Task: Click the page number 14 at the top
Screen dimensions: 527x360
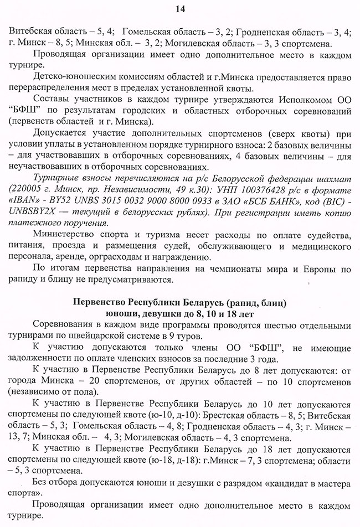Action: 179,8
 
